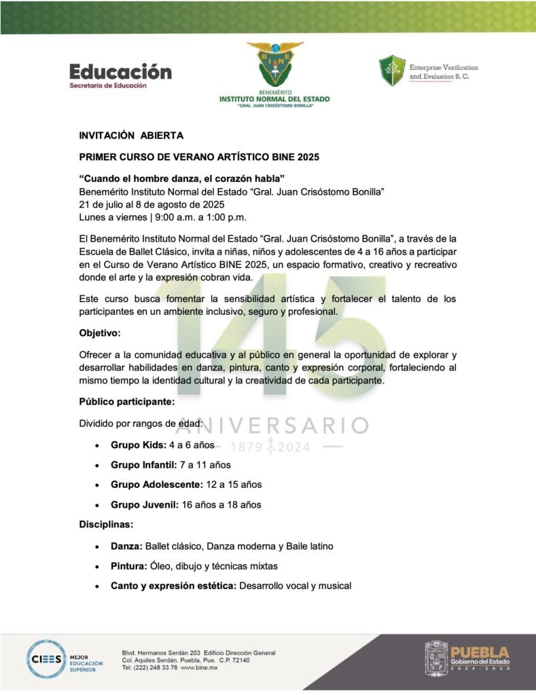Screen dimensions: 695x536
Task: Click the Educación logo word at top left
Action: (x=120, y=71)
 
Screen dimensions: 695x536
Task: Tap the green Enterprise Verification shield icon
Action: (x=392, y=71)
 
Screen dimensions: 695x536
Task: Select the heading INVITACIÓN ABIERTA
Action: (x=131, y=136)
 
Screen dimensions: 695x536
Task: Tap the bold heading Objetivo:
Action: (x=99, y=335)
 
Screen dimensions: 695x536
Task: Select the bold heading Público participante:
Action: (x=127, y=401)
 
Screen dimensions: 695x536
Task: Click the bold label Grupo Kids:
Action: (x=139, y=445)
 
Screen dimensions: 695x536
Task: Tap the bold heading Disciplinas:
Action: (x=106, y=525)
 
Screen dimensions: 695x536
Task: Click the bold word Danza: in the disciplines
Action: (x=126, y=546)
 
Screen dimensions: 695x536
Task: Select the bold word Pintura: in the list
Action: (x=128, y=565)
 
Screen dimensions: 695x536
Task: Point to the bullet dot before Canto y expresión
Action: (x=98, y=586)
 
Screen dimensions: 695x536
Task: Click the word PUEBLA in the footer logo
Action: (x=479, y=651)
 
